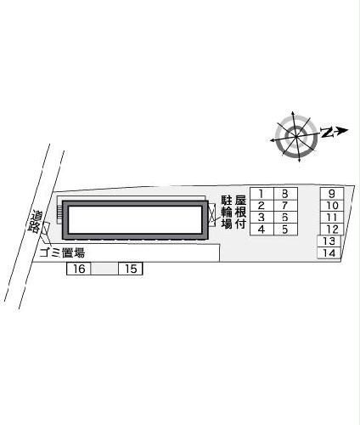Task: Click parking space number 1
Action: point(262,194)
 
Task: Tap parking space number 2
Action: point(262,206)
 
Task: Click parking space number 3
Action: point(262,218)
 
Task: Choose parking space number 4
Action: point(262,229)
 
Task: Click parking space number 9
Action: point(331,194)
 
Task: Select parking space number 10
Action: point(331,206)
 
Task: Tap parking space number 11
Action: point(331,218)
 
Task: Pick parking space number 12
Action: point(331,229)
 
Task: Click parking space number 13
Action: point(329,241)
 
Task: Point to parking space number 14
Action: point(329,253)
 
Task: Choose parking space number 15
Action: point(130,269)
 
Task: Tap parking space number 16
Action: point(78,269)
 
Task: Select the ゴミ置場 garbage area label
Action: point(62,253)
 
